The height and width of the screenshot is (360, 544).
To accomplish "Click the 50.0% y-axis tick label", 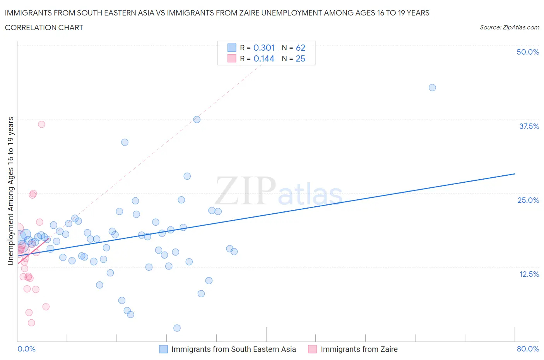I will tap(528, 52).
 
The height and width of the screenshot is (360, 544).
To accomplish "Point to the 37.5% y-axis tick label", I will tap(529, 126).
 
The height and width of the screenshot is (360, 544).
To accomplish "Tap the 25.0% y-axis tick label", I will tap(528, 200).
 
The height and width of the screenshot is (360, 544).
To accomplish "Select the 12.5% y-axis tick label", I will tap(529, 274).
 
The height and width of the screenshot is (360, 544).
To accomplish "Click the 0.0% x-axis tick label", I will tap(26, 349).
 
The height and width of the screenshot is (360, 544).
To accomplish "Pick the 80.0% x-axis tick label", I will tap(528, 349).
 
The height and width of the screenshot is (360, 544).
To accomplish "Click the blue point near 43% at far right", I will tap(432, 87).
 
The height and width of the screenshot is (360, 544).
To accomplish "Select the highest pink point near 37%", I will tap(41, 124).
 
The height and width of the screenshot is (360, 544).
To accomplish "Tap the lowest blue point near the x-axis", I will tap(177, 328).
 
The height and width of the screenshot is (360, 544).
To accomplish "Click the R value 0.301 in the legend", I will tap(264, 48).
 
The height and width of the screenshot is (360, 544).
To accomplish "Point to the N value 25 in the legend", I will tap(300, 58).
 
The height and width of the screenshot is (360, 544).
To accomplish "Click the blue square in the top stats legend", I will tap(232, 48).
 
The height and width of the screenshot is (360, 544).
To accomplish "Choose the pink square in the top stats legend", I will tap(232, 58).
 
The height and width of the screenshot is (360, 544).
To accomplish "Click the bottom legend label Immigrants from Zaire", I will tap(359, 349).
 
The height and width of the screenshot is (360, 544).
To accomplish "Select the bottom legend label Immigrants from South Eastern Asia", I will tap(233, 349).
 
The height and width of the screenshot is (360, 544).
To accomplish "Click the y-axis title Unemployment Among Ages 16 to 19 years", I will tap(10, 191).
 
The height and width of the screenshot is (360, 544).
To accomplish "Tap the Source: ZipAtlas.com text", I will tap(509, 27).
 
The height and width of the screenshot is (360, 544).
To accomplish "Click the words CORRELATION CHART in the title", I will tap(44, 27).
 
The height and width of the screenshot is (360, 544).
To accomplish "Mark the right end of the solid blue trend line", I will tap(515, 174).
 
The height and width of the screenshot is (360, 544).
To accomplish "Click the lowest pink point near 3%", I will tap(31, 322).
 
